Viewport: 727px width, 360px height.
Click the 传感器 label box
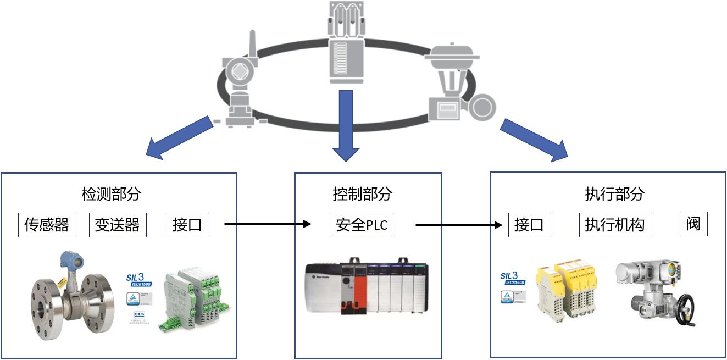pyautogui.click(x=46, y=225)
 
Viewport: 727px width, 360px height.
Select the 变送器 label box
pyautogui.click(x=118, y=225)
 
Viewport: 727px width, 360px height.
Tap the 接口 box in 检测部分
pyautogui.click(x=187, y=225)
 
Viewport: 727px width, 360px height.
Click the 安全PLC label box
pyautogui.click(x=362, y=225)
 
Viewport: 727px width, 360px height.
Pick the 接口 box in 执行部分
pyautogui.click(x=529, y=225)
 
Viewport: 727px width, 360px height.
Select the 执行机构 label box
pyautogui.click(x=615, y=225)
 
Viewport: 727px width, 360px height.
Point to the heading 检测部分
pyautogui.click(x=111, y=193)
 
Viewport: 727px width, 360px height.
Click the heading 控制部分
pyautogui.click(x=362, y=193)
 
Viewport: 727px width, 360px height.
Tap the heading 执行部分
pyautogui.click(x=614, y=193)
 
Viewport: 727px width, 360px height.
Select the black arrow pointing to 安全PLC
pyautogui.click(x=268, y=224)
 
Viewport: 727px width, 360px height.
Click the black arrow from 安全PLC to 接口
pyautogui.click(x=459, y=225)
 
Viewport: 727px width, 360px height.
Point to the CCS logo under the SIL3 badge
pyautogui.click(x=138, y=317)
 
